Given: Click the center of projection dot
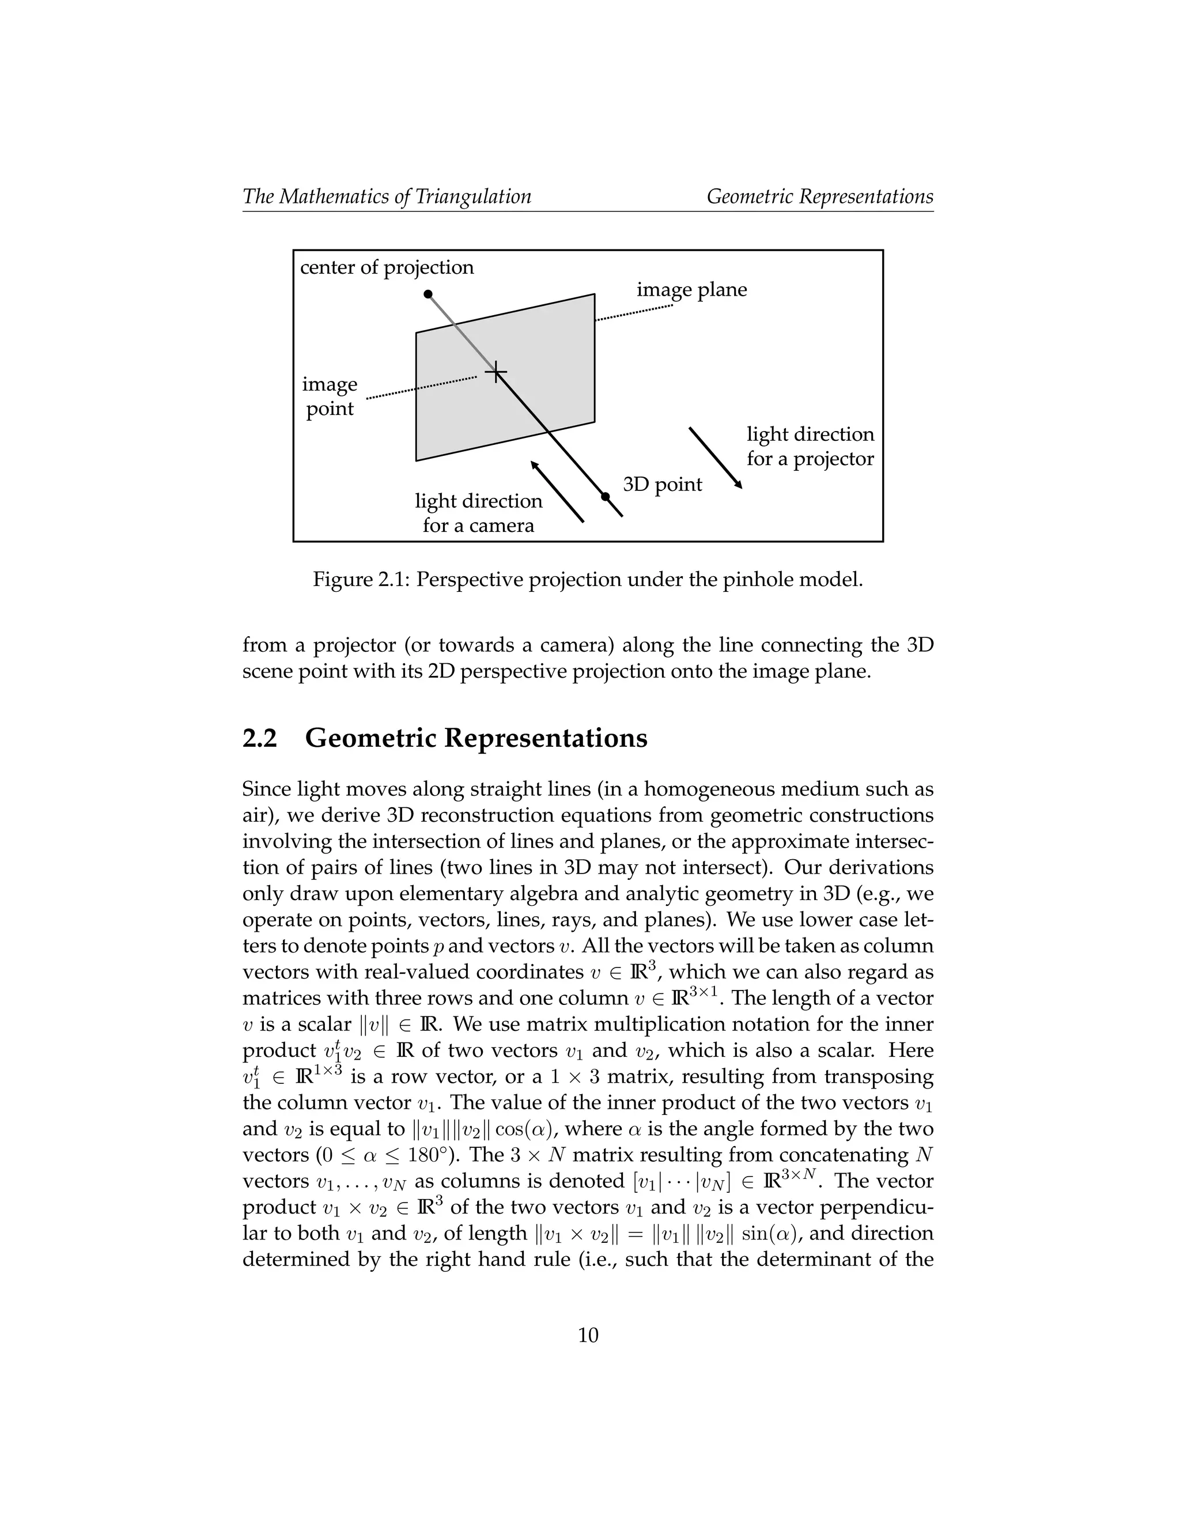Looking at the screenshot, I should tap(429, 294).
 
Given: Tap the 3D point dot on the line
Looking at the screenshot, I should tap(606, 496).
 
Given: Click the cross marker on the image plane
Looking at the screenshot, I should tap(496, 372).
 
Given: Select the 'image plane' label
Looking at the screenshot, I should tap(691, 289).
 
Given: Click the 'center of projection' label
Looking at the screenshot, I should tap(387, 267).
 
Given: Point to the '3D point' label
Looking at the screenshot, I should tap(662, 484).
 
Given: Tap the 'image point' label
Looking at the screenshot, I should tap(330, 396).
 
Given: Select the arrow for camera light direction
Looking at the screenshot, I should tap(557, 492).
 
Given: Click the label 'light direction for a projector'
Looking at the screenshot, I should tap(810, 446).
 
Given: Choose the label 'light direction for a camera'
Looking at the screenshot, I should tap(478, 512).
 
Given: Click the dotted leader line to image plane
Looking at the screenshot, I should tap(634, 312).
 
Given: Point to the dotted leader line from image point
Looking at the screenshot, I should tap(422, 388).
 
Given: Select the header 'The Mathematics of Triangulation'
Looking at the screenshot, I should tap(387, 196).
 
